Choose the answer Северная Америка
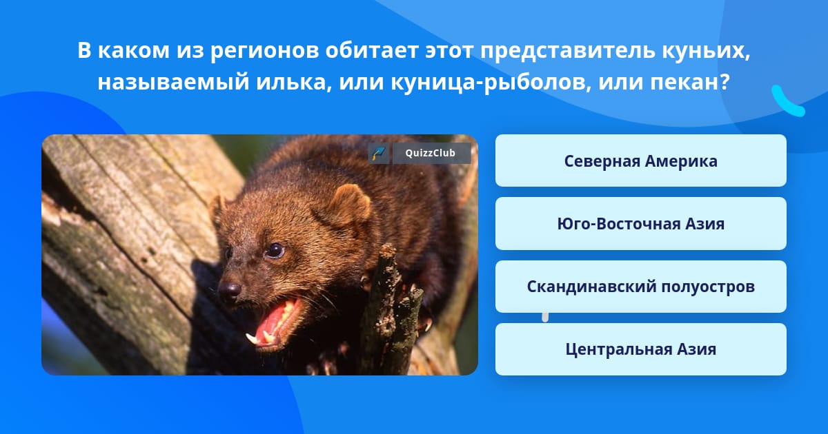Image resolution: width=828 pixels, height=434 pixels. (x=640, y=161)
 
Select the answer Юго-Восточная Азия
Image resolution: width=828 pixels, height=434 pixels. (x=640, y=224)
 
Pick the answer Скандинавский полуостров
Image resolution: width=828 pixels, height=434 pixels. (x=640, y=287)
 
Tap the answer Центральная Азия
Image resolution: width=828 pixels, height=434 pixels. (x=640, y=349)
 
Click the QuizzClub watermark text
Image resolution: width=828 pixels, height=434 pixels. (x=430, y=153)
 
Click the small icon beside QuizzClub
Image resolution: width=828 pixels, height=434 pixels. (x=379, y=153)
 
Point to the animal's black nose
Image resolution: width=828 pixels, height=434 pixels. (x=230, y=289)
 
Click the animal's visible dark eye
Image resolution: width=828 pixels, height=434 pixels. (x=275, y=251)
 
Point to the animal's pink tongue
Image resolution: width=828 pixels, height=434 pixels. (x=273, y=322)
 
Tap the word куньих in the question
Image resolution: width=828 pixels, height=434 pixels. (x=706, y=50)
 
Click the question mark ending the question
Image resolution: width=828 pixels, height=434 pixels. (x=724, y=81)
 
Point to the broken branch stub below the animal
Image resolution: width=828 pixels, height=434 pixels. (x=393, y=307)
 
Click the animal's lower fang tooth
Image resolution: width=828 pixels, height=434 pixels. (x=252, y=338)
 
